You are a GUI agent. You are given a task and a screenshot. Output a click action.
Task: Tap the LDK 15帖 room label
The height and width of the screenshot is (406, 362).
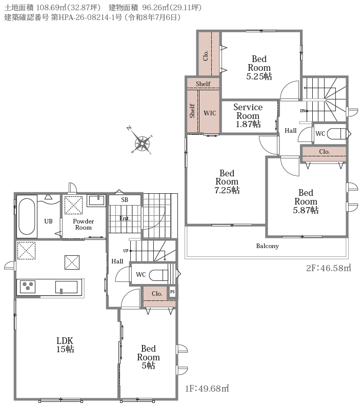click(x=65, y=345)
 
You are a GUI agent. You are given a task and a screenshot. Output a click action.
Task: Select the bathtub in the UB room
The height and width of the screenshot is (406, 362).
click(x=27, y=216)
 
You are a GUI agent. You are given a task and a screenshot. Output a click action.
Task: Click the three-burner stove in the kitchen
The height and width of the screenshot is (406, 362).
click(x=28, y=287)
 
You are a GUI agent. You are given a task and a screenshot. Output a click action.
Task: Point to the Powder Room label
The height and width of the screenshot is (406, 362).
click(x=84, y=225)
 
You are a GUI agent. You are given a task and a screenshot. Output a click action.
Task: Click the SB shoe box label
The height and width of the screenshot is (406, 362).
click(x=125, y=199)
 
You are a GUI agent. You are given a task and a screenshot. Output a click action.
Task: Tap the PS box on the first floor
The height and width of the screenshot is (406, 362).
click(x=172, y=292)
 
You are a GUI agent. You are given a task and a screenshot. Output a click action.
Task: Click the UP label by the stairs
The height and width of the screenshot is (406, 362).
click(x=126, y=251)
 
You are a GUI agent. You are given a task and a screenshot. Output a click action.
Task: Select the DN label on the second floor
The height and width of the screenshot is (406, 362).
click(x=303, y=111)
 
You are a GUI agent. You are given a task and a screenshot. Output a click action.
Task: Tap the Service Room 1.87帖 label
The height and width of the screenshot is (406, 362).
click(x=248, y=115)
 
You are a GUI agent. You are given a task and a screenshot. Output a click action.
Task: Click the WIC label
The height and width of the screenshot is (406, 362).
click(x=210, y=113)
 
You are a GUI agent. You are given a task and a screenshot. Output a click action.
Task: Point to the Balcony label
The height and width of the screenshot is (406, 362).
click(x=268, y=246)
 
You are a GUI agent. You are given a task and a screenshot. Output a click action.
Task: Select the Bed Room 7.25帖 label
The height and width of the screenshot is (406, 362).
click(x=227, y=181)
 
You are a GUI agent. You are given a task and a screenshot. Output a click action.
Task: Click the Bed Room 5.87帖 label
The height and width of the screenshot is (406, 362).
click(x=306, y=201)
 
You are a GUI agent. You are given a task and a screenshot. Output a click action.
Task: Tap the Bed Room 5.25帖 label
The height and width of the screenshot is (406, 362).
click(x=259, y=68)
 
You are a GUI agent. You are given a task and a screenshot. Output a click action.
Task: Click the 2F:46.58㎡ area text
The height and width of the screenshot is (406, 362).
click(x=329, y=268)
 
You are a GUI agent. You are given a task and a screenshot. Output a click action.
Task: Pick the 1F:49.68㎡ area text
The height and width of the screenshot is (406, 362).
click(x=207, y=389)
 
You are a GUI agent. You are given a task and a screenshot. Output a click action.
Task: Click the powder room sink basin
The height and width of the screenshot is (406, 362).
click(x=96, y=200)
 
